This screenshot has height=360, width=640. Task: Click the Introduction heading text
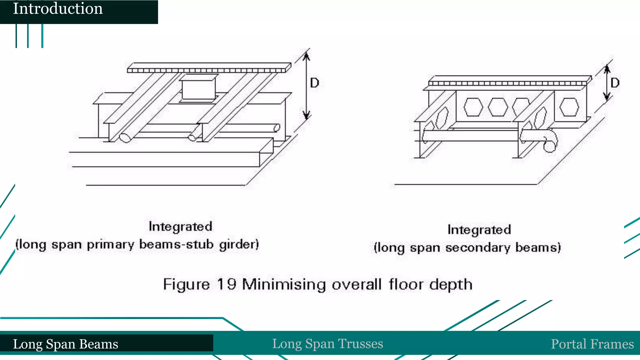pyautogui.click(x=58, y=9)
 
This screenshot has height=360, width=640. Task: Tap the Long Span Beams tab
pyautogui.click(x=66, y=344)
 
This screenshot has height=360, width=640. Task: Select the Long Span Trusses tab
pyautogui.click(x=327, y=344)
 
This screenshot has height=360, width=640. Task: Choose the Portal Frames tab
pyautogui.click(x=592, y=344)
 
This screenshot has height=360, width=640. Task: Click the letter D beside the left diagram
pyautogui.click(x=314, y=83)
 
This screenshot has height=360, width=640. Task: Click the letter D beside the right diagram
pyautogui.click(x=615, y=83)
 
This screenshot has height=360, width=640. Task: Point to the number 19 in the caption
pyautogui.click(x=227, y=284)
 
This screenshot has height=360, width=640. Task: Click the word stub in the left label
pyautogui.click(x=200, y=244)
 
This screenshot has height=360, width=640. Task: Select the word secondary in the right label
pyautogui.click(x=478, y=247)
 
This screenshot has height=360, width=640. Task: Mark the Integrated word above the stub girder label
pyautogui.click(x=180, y=227)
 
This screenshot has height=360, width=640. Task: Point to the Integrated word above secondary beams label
pyautogui.click(x=479, y=230)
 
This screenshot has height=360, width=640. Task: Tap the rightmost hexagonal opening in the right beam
pyautogui.click(x=569, y=107)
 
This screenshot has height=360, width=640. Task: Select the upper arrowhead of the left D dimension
pyautogui.click(x=307, y=56)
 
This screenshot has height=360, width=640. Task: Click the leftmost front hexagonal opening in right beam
pyautogui.click(x=473, y=107)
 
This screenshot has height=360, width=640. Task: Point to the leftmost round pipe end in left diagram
pyautogui.click(x=125, y=138)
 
